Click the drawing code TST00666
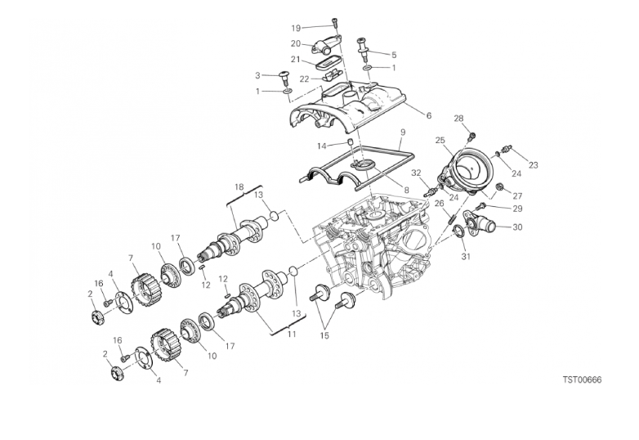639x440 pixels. pyautogui.click(x=582, y=380)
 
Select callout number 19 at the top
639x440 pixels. pyautogui.click(x=296, y=28)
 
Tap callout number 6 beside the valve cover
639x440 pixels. pyautogui.click(x=429, y=116)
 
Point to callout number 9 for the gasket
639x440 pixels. pyautogui.click(x=403, y=132)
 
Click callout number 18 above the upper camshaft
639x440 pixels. pyautogui.click(x=239, y=187)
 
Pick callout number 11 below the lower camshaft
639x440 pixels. pyautogui.click(x=292, y=334)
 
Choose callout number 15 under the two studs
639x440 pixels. pyautogui.click(x=324, y=336)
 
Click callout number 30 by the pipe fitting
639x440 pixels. pyautogui.click(x=517, y=227)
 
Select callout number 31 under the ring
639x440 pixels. pyautogui.click(x=466, y=257)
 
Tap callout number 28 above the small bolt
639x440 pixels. pyautogui.click(x=459, y=119)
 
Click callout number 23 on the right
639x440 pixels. pyautogui.click(x=533, y=165)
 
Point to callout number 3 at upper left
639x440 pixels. pyautogui.click(x=257, y=75)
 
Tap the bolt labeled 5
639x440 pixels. pyautogui.click(x=362, y=49)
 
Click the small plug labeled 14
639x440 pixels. pyautogui.click(x=350, y=141)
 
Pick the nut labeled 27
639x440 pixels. pyautogui.click(x=498, y=187)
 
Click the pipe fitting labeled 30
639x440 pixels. pyautogui.click(x=479, y=224)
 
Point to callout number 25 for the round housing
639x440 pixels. pyautogui.click(x=440, y=141)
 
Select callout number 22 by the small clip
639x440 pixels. pyautogui.click(x=305, y=79)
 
